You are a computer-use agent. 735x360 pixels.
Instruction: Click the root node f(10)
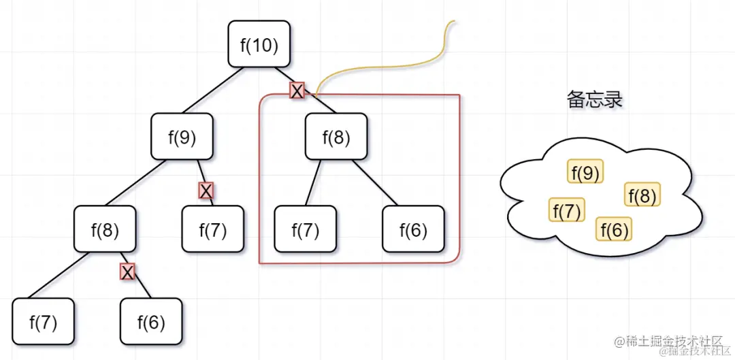(259, 44)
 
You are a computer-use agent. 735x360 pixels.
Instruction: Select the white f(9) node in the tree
(182, 137)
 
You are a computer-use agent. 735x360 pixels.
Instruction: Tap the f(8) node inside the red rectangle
(336, 137)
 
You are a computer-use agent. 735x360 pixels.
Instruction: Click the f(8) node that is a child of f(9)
(105, 229)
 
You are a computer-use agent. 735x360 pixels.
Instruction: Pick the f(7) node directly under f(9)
(212, 229)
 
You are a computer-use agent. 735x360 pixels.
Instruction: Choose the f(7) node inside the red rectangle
(305, 229)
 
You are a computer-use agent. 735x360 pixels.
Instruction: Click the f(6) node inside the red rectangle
(413, 229)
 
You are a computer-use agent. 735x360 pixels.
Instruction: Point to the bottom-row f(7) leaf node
(44, 321)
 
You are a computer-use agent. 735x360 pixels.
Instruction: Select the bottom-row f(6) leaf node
(151, 321)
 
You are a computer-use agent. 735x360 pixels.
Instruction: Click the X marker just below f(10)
(297, 91)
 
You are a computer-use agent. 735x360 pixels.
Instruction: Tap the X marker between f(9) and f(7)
(206, 191)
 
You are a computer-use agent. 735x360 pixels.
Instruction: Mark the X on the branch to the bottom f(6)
(127, 272)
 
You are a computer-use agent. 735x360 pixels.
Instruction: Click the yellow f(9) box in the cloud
(585, 174)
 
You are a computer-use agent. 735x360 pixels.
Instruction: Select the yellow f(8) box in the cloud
(642, 196)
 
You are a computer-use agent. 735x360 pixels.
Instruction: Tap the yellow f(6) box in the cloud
(614, 229)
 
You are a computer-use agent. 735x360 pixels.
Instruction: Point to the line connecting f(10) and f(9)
(208, 90)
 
